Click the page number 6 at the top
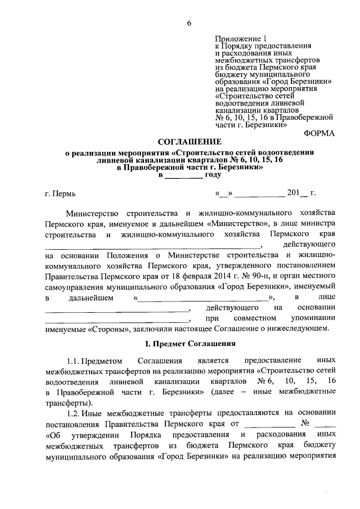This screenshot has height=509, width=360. point(190,23)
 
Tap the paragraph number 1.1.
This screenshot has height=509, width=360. point(74,360)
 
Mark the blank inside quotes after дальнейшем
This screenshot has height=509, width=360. point(203,298)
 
